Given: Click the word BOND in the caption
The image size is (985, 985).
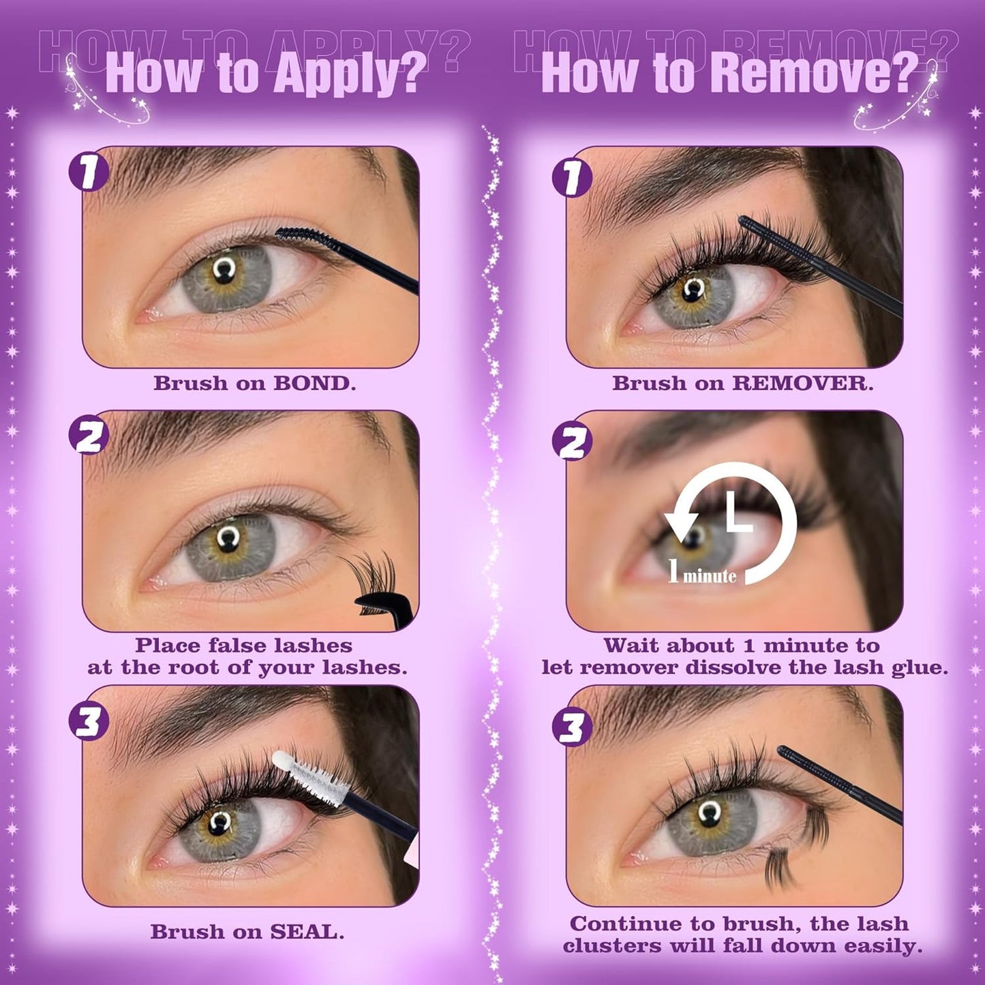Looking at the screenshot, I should coord(314,383).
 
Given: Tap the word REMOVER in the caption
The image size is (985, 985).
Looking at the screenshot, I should coord(802,383).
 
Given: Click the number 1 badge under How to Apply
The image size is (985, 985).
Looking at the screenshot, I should coord(89,171).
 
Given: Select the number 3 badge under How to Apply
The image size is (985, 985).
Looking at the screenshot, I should coord(89,721).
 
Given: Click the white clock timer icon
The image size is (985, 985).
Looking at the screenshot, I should coord(733,521).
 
